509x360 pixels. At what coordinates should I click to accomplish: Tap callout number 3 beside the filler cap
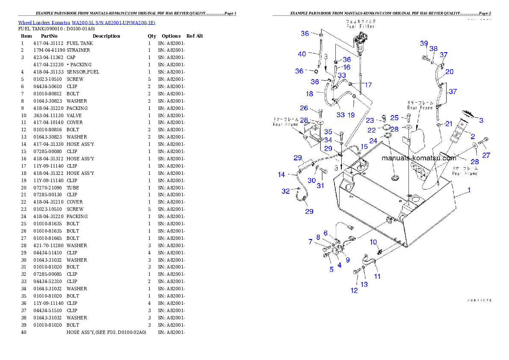tap(481, 121)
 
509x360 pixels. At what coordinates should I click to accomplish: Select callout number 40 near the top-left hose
tap(302, 54)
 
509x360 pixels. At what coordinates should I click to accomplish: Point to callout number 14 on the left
tap(281, 174)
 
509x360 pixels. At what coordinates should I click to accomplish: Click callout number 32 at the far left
tap(286, 191)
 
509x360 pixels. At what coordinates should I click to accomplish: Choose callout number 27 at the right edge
tap(486, 156)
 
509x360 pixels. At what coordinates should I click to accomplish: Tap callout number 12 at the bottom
tap(354, 291)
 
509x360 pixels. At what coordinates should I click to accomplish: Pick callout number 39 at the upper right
tap(424, 43)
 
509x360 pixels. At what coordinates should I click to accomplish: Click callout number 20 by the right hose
tap(449, 72)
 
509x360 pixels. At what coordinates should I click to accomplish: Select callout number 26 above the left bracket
tap(304, 108)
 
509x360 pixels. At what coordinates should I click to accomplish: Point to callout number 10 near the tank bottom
tap(373, 242)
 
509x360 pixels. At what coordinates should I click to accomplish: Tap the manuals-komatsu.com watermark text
tap(419, 158)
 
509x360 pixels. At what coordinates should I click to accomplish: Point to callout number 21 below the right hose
tap(449, 124)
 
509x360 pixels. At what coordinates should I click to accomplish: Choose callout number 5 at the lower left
tap(331, 269)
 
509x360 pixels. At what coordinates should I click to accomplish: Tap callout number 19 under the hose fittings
tap(351, 115)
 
